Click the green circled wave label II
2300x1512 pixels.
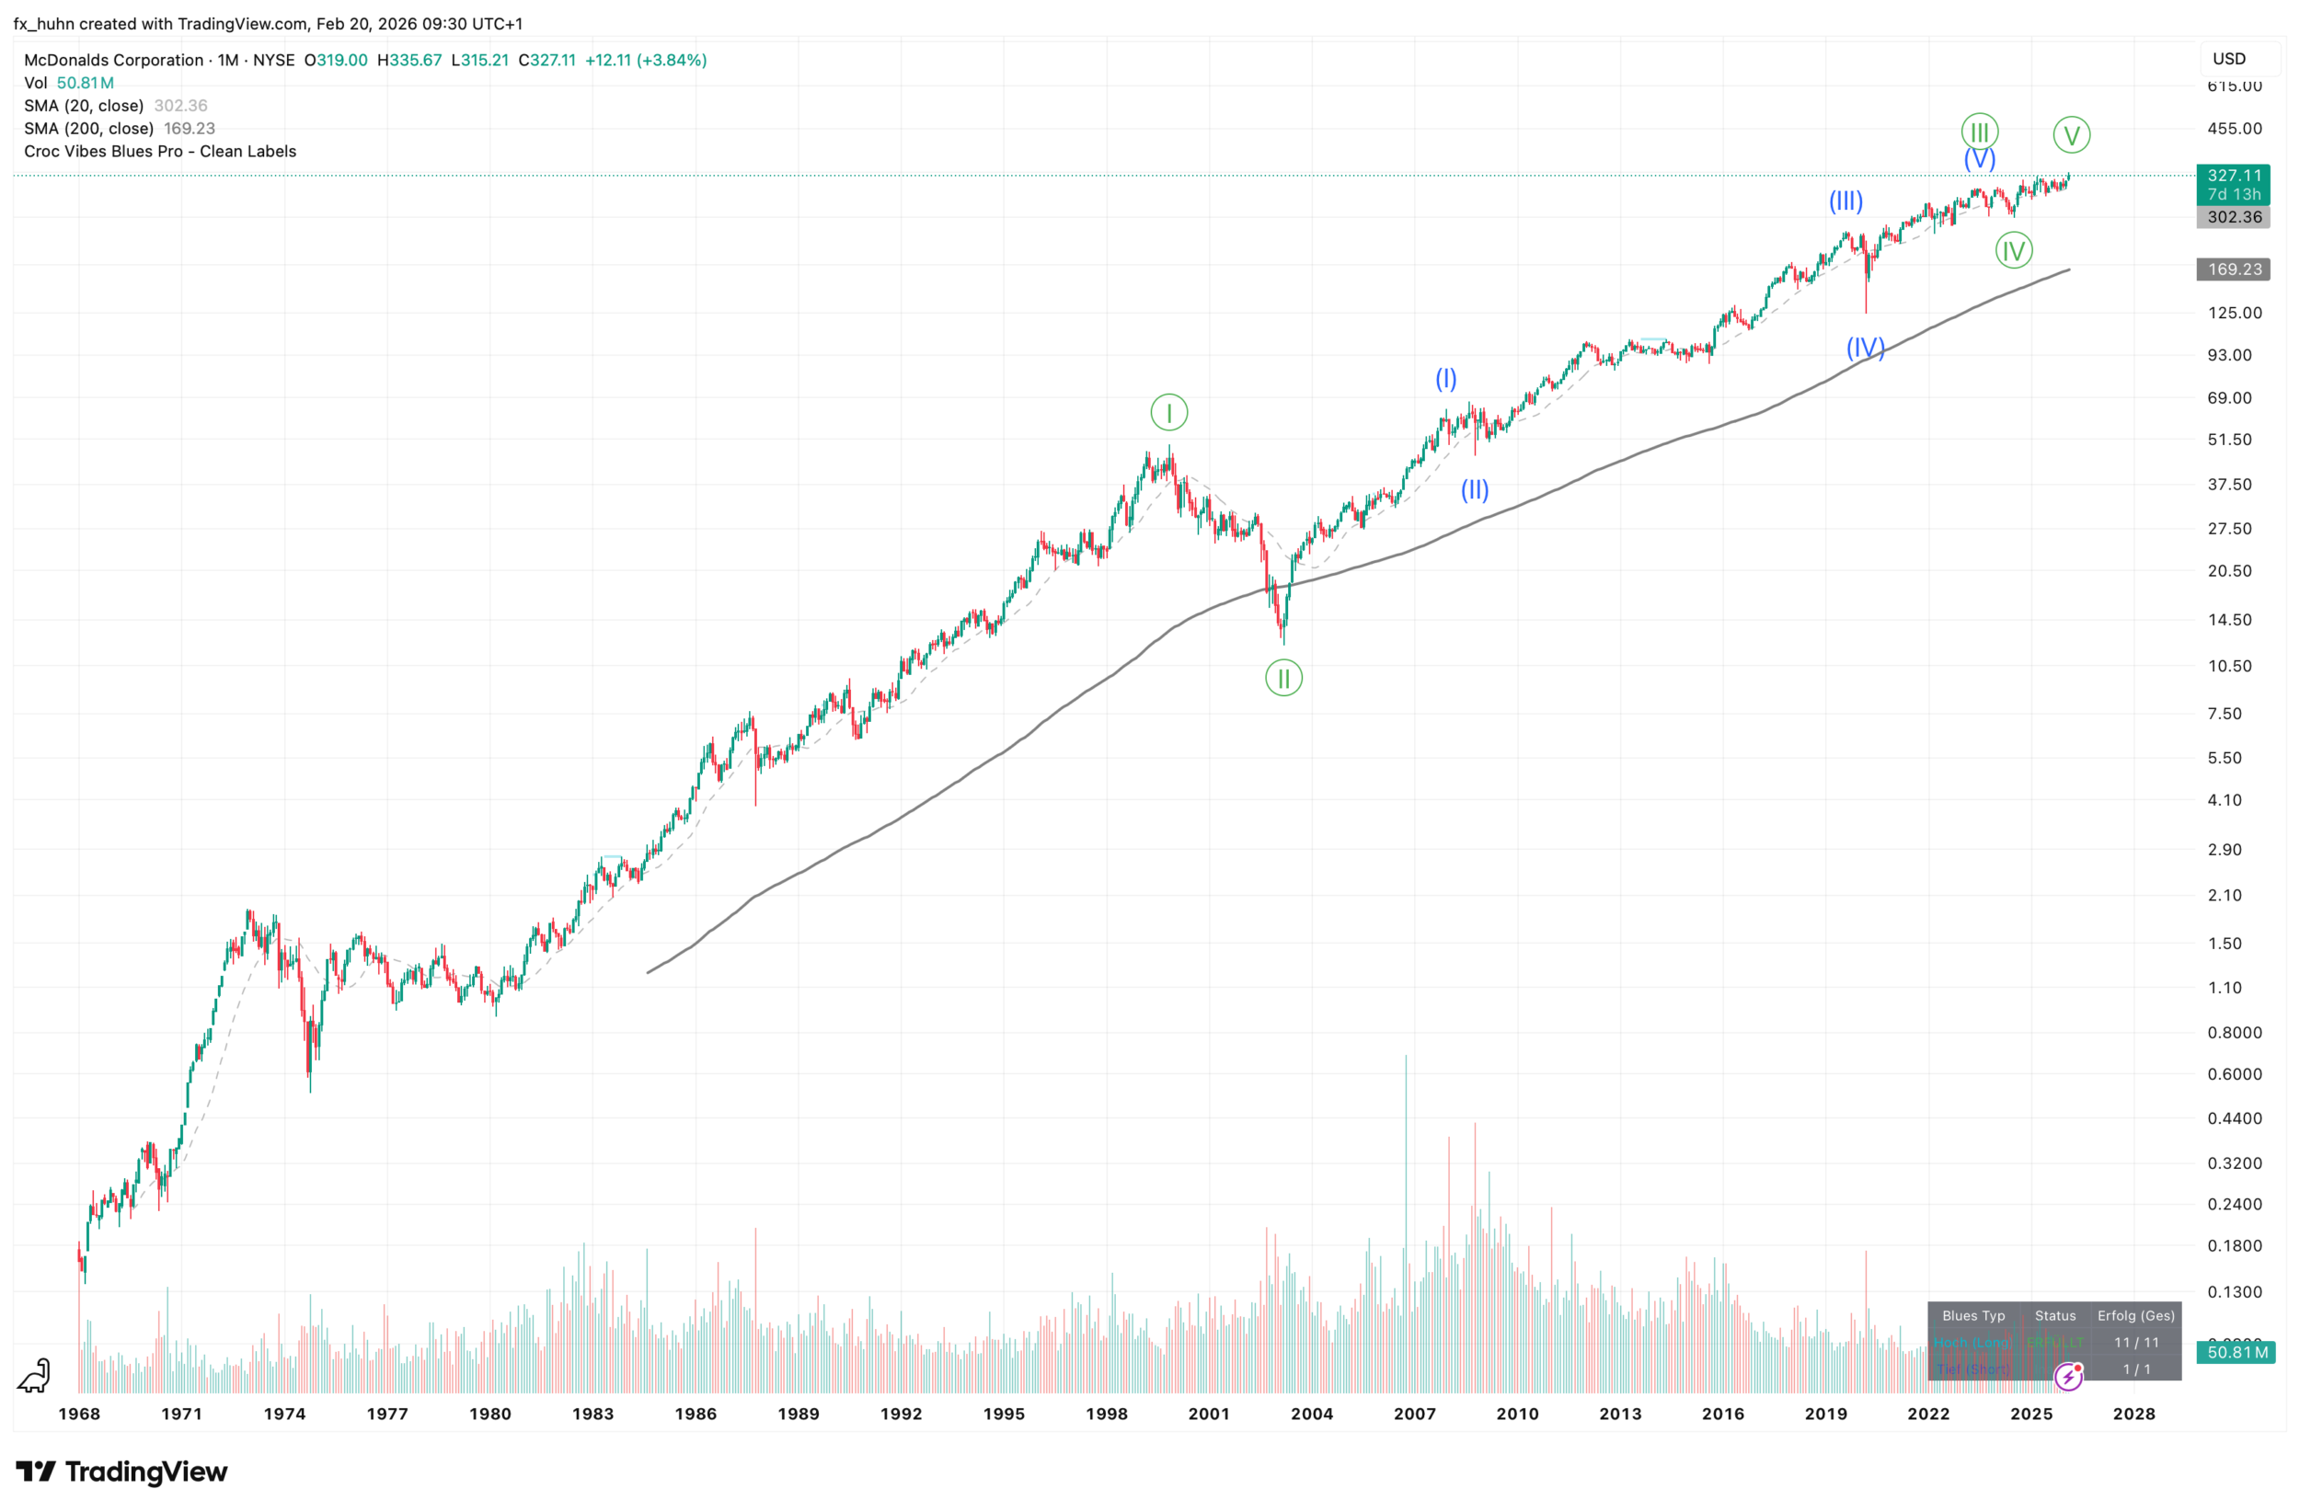point(1283,678)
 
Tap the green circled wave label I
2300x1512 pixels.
point(1168,414)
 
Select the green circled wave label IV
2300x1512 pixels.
point(2013,251)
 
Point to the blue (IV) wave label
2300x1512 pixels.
point(1865,347)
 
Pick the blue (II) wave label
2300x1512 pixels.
point(1475,490)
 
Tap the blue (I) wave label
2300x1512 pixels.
point(1445,379)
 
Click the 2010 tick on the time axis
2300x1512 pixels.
point(1517,1414)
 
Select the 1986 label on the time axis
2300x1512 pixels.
point(696,1414)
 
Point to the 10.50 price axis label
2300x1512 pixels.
point(2229,666)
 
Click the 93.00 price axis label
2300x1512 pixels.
point(2229,355)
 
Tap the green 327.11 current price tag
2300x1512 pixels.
point(2234,176)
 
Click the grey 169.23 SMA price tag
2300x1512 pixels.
point(2234,269)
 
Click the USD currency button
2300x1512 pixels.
point(2229,59)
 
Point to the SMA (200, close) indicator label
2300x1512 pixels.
point(89,129)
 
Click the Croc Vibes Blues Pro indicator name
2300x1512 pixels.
point(160,152)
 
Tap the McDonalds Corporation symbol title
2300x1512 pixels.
point(114,60)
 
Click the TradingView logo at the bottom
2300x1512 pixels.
point(121,1472)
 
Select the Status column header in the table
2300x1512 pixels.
point(2054,1316)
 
